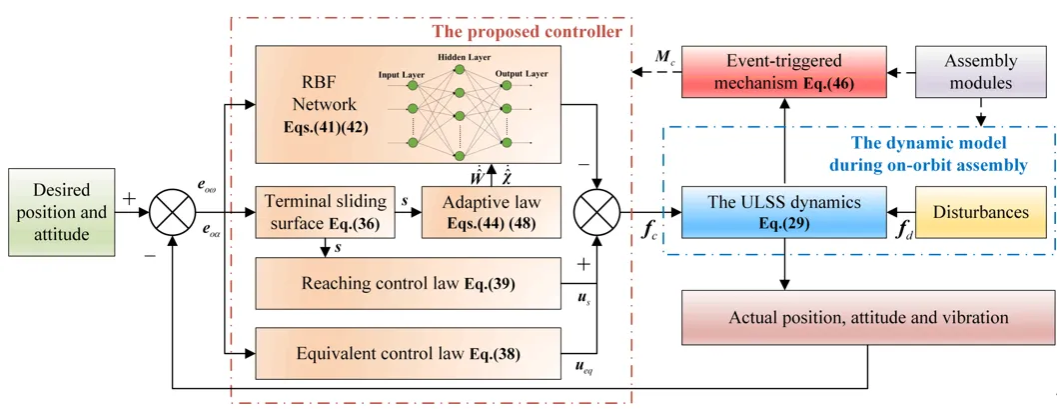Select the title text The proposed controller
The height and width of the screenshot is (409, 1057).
(x=527, y=32)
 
